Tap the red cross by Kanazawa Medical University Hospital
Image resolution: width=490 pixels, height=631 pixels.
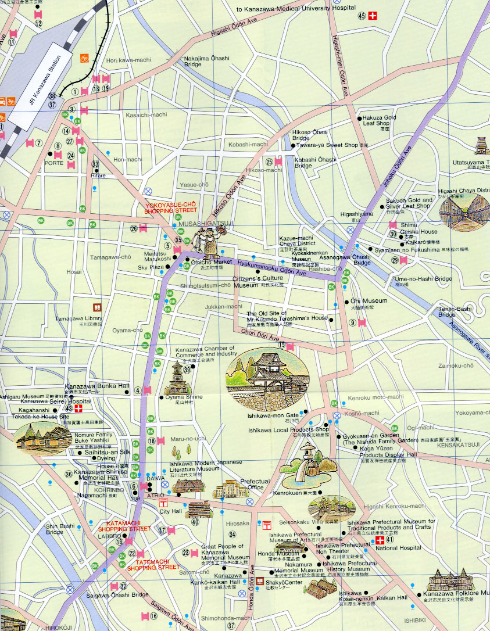[x=373, y=16]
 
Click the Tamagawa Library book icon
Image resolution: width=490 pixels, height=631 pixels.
[x=96, y=307]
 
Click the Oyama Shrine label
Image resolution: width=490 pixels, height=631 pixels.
[x=184, y=397]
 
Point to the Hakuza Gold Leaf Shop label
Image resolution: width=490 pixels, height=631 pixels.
[x=379, y=120]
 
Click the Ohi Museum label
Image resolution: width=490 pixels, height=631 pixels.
[x=369, y=301]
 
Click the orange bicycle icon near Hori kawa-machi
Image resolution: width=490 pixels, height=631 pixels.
[x=85, y=58]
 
